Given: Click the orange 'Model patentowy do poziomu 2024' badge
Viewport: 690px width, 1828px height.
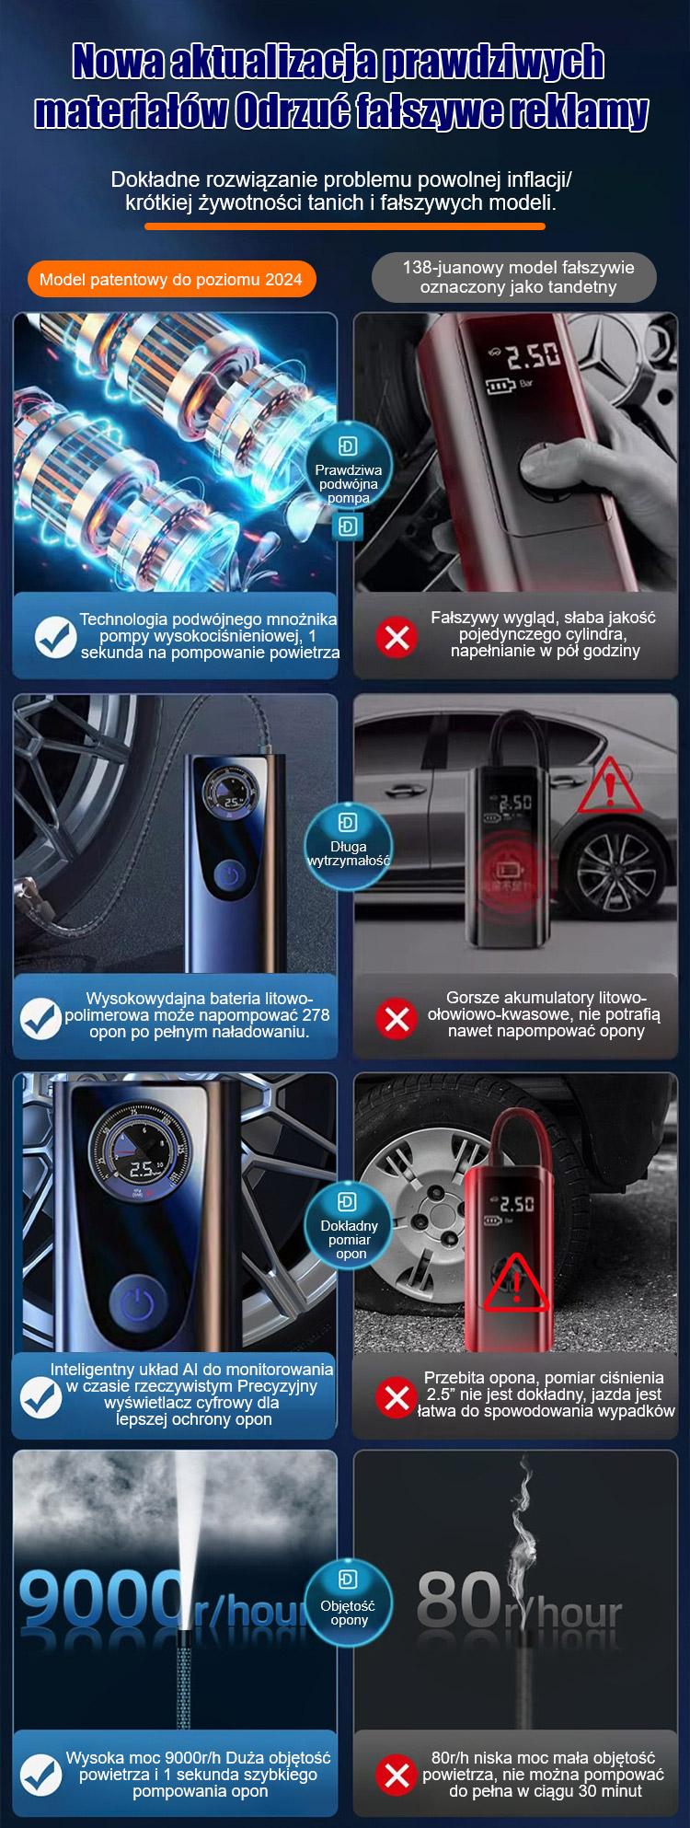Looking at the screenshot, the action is click(x=171, y=280).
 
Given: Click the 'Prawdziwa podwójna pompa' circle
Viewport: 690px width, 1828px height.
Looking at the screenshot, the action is click(x=349, y=473).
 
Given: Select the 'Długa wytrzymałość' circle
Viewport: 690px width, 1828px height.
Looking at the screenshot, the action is click(x=349, y=848).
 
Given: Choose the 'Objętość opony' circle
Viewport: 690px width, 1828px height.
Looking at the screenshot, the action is click(x=349, y=1604).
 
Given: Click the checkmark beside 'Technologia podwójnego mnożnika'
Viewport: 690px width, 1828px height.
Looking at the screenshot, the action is click(x=55, y=637).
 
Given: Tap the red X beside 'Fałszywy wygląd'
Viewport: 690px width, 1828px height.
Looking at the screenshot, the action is click(x=397, y=636).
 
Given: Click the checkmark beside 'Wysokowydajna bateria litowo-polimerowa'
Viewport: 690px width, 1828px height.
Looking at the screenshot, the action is click(x=42, y=1018).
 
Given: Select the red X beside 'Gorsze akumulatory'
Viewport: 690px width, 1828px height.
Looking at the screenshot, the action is click(x=397, y=1018).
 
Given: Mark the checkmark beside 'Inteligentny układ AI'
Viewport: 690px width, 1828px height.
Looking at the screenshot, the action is click(x=41, y=1397).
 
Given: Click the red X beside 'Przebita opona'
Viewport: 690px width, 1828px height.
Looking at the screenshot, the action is click(x=397, y=1397).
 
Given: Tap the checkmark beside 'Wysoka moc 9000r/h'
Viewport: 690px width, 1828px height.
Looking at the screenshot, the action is click(x=41, y=1776).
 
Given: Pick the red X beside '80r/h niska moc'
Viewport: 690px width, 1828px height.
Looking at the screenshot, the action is click(x=397, y=1776).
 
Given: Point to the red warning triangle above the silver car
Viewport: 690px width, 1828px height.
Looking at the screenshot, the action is click(x=609, y=788).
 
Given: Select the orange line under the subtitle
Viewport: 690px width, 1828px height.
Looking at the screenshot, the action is click(x=345, y=226).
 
